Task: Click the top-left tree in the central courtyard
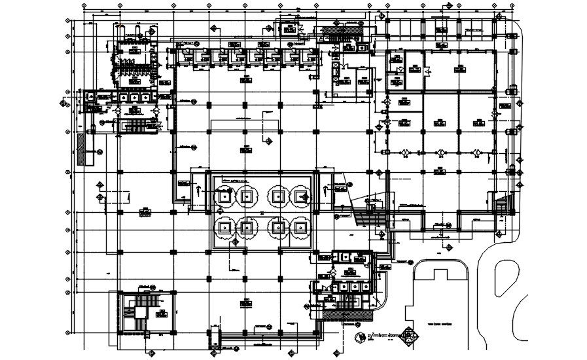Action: point(224,195)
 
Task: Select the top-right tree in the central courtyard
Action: point(301,195)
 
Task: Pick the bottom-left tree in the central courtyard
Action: point(224,228)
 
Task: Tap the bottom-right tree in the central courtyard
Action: point(301,228)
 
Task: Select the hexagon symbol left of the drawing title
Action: point(359,337)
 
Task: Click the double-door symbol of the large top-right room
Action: point(426,70)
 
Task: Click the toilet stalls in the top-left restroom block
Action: point(133,62)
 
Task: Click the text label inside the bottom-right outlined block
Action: point(440,325)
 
